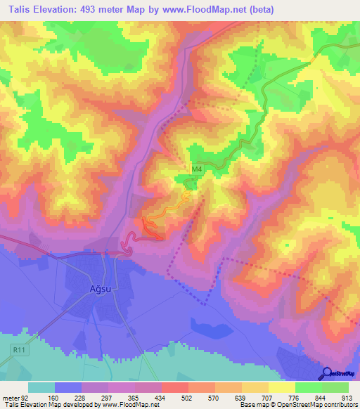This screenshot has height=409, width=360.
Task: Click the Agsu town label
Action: (x=101, y=288)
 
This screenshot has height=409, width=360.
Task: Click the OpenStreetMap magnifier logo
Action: (x=326, y=373)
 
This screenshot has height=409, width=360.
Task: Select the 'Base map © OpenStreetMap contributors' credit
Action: (x=297, y=405)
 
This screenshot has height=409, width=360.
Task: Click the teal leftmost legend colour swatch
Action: (x=41, y=387)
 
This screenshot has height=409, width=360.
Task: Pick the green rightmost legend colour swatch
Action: (x=335, y=387)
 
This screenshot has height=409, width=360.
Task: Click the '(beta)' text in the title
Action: (x=260, y=9)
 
